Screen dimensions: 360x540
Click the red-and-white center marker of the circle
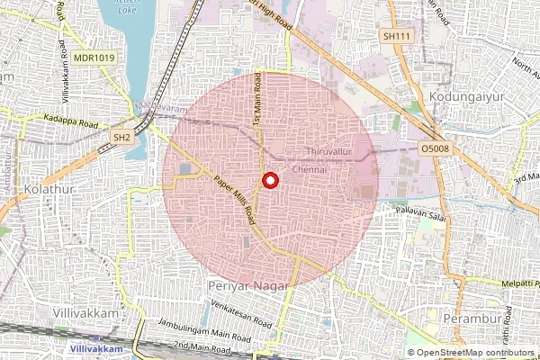coord(268,181)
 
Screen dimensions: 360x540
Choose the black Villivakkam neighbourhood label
coord(85,312)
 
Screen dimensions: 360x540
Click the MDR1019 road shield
coord(94,58)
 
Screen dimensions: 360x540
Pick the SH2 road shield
coord(121,136)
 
